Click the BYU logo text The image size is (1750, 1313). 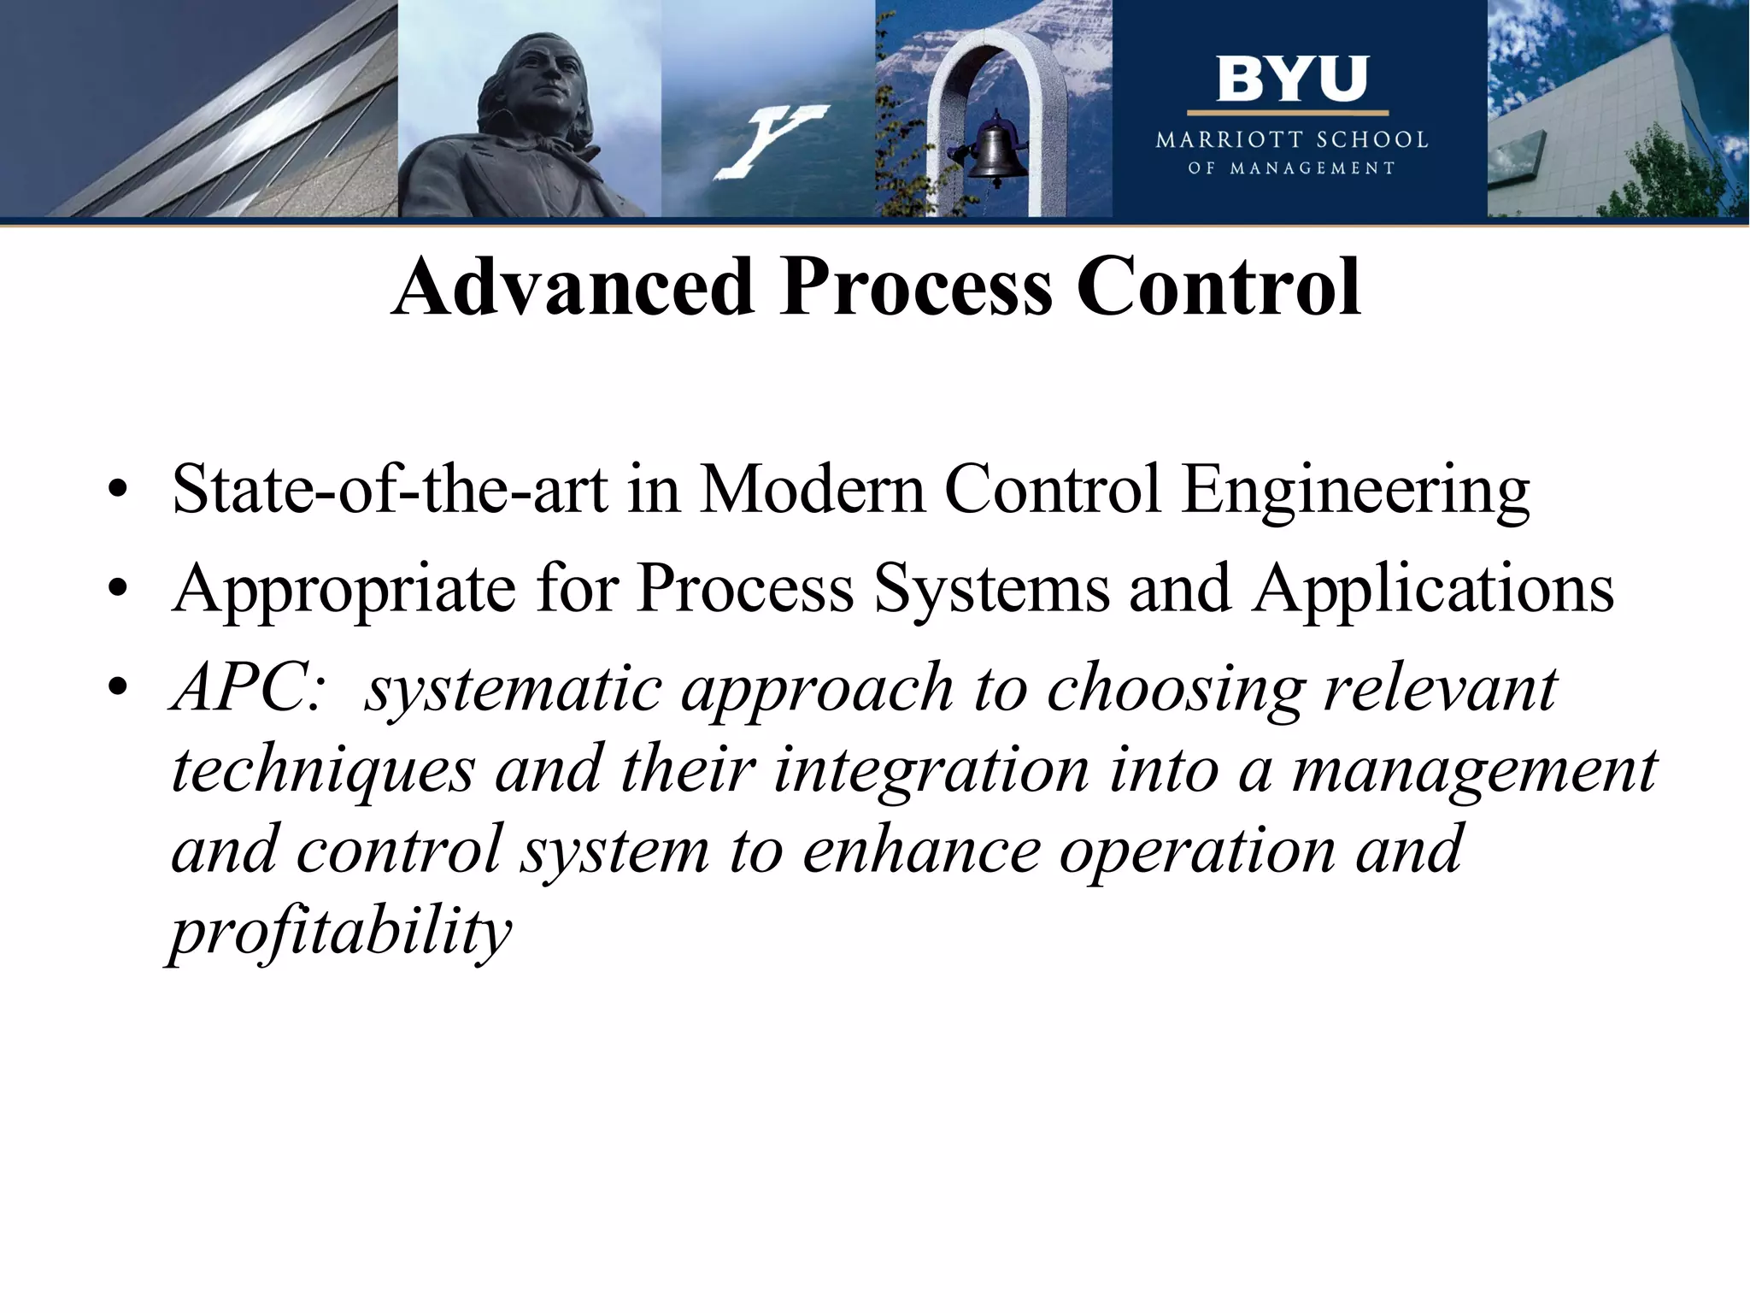point(1291,79)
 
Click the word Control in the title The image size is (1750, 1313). point(1219,287)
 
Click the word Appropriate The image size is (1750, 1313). point(344,590)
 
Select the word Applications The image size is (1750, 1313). point(1433,590)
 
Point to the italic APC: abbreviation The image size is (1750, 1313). point(248,688)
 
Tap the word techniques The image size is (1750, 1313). point(323,769)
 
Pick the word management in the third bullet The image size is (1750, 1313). point(1474,769)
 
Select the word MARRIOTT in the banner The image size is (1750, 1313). point(1230,140)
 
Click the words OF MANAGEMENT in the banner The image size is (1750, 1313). point(1291,168)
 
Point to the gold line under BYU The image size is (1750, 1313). point(1287,113)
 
